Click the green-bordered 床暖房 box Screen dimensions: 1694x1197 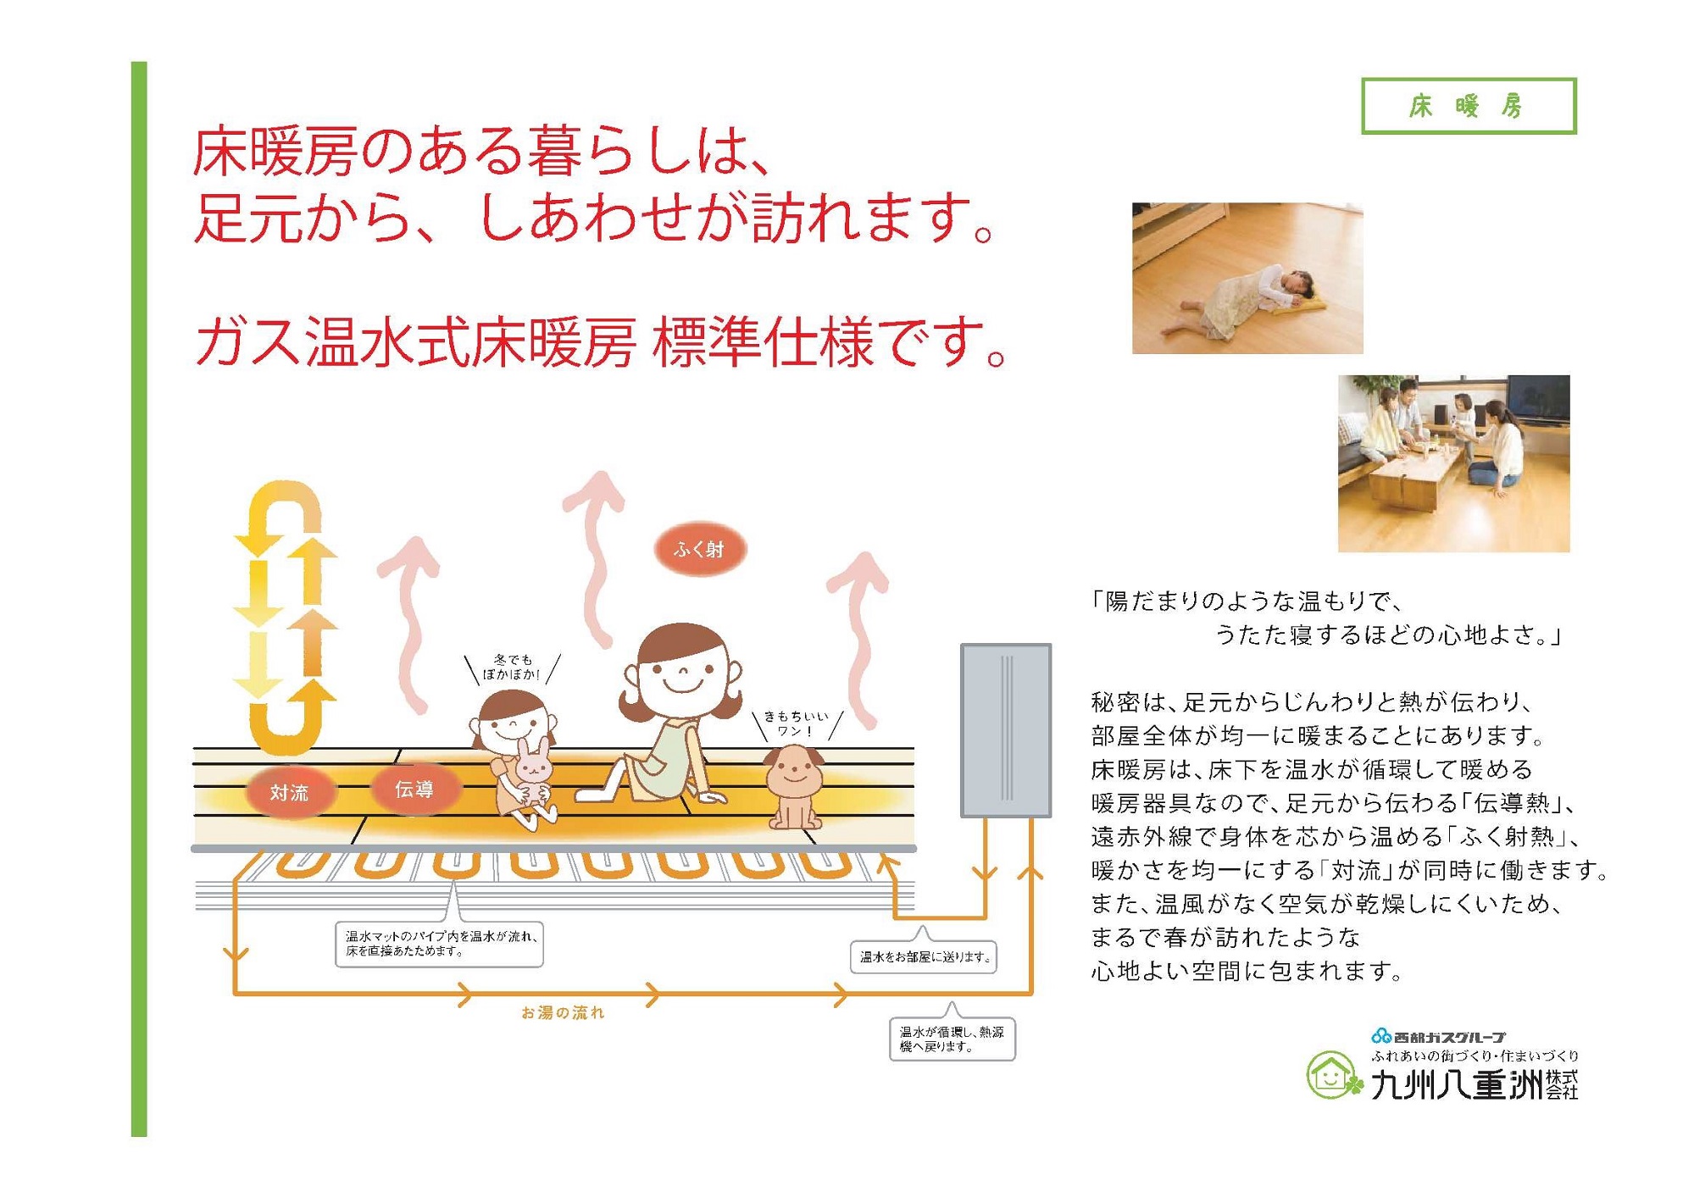[1469, 106]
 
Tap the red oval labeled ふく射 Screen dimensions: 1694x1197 [700, 549]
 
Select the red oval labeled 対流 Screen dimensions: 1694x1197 [289, 792]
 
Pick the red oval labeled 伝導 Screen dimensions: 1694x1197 [414, 789]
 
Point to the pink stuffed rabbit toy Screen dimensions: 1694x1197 [533, 779]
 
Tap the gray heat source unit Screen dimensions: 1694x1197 [1006, 730]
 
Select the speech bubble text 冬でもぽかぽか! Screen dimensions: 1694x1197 [512, 667]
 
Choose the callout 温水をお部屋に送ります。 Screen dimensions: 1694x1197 [924, 956]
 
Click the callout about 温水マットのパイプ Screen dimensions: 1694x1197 [439, 944]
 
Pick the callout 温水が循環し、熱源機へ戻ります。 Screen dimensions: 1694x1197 [952, 1039]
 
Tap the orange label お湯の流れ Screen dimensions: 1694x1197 [563, 1012]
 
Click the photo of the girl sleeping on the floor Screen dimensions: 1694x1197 [1247, 278]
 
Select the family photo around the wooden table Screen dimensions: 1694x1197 [1454, 463]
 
